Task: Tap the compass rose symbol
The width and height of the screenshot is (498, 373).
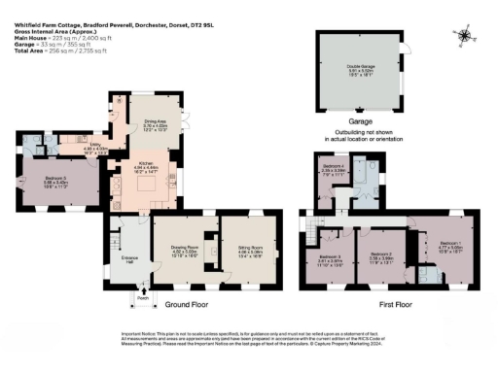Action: tap(465, 37)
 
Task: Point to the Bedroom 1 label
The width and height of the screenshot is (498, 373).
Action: tap(449, 243)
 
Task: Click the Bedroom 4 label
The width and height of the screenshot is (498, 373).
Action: tap(334, 169)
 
